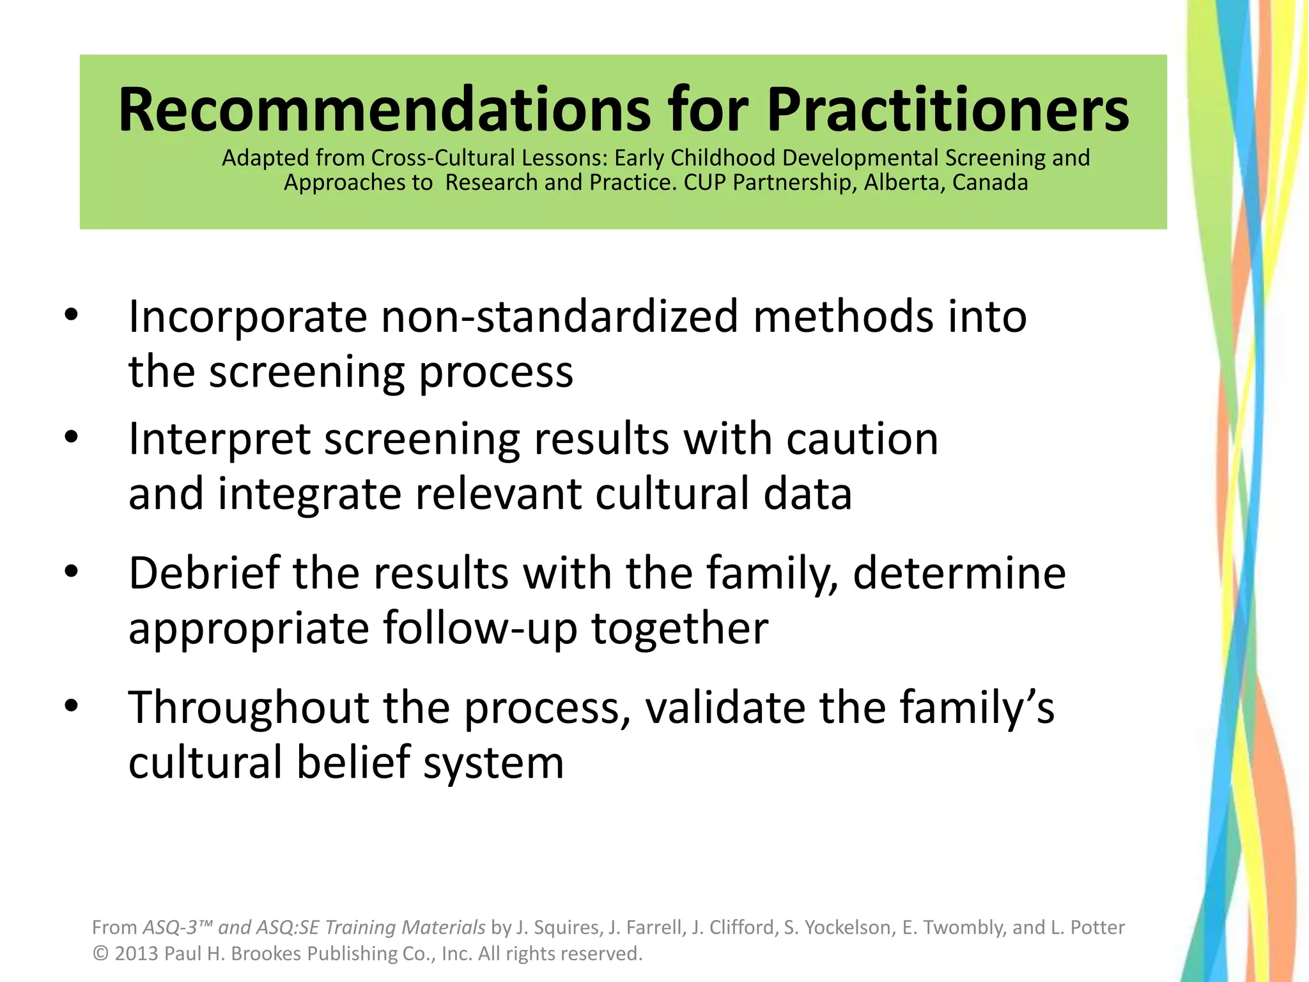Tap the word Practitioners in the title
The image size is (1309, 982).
click(x=948, y=110)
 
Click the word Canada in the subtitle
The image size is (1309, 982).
click(x=990, y=183)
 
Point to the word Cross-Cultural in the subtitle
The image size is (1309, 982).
click(x=443, y=158)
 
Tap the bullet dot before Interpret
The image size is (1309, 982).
click(x=71, y=437)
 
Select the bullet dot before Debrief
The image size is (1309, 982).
click(x=71, y=572)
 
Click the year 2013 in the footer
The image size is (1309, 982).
click(x=136, y=953)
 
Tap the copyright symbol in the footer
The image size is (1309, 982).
click(x=100, y=953)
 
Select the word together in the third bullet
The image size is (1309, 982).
click(x=680, y=628)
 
